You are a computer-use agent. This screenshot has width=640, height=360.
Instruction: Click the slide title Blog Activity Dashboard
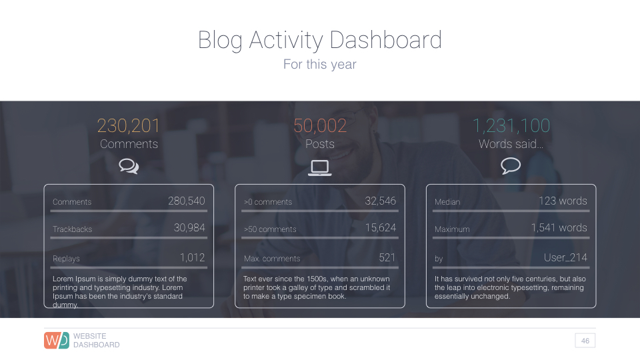[320, 40]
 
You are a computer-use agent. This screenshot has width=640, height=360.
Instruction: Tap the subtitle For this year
[320, 65]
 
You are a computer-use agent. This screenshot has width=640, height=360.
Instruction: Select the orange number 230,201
[129, 125]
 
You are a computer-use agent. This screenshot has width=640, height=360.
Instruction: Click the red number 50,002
[320, 125]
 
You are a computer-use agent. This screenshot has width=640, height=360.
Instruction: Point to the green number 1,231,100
[511, 125]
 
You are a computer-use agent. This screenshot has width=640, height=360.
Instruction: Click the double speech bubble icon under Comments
[129, 166]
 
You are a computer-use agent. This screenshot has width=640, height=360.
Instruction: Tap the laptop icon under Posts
[320, 167]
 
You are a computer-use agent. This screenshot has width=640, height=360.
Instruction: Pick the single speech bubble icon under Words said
[511, 166]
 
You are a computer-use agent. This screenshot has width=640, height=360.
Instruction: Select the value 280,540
[186, 201]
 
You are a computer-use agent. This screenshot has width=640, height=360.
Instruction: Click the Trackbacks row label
[73, 229]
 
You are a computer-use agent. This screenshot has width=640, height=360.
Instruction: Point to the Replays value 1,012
[192, 257]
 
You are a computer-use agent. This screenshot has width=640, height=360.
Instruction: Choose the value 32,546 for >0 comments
[380, 201]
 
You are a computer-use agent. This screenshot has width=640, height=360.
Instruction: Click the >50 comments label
[270, 229]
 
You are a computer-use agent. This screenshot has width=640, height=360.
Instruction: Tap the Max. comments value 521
[387, 257]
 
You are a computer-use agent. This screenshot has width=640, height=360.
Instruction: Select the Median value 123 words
[563, 201]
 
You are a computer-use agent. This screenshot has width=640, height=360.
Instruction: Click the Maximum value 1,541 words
[559, 228]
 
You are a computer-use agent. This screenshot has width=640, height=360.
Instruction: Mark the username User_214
[565, 257]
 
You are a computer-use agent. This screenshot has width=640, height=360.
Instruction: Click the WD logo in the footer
[57, 340]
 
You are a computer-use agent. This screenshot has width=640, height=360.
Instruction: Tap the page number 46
[585, 341]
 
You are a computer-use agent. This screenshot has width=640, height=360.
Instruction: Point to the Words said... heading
[511, 144]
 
